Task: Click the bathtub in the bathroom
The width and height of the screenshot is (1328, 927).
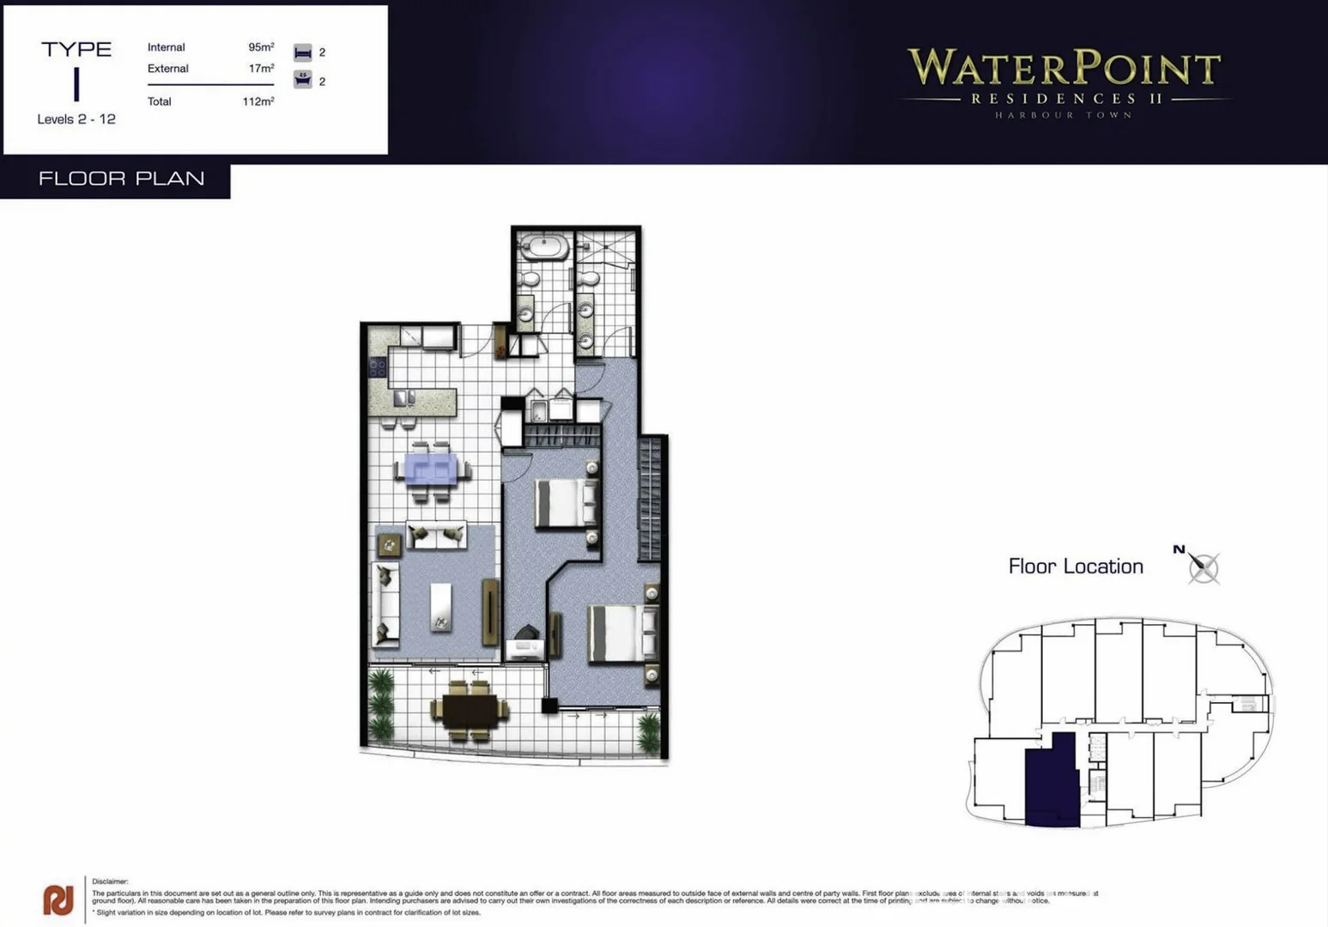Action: tap(543, 247)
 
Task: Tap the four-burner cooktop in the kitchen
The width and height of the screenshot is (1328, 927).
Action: tap(378, 367)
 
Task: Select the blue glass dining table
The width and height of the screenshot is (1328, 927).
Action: tap(432, 470)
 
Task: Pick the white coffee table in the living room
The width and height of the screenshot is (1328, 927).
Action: tap(440, 607)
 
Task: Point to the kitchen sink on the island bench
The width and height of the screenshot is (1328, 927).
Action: tap(403, 398)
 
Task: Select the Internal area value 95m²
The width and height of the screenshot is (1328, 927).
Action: tap(261, 47)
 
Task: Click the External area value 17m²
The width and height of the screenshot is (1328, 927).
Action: tap(261, 69)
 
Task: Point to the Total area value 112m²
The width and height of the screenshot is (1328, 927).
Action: tap(258, 101)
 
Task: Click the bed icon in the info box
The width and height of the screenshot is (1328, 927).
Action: tap(302, 52)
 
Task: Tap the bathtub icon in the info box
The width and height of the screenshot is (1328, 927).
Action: tap(302, 80)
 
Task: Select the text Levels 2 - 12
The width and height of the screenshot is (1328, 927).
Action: tap(76, 119)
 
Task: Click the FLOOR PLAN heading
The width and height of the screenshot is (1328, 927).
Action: tap(121, 179)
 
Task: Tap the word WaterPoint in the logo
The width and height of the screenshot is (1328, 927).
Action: tap(1064, 69)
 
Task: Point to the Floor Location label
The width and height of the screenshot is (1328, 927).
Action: tap(1075, 566)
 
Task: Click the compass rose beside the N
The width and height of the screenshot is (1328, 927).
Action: tap(1204, 567)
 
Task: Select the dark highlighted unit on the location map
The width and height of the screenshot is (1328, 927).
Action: tap(1052, 779)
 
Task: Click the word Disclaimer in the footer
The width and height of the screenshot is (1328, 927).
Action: tap(110, 882)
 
